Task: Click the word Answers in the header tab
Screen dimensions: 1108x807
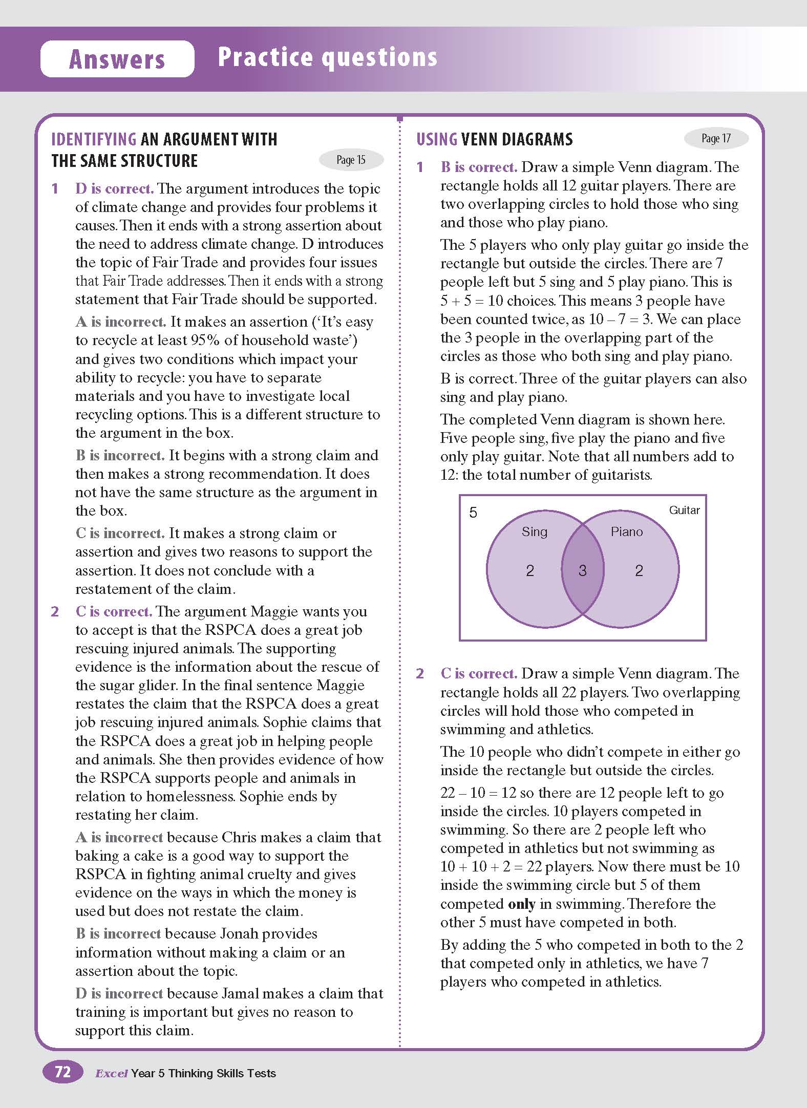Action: coord(117,59)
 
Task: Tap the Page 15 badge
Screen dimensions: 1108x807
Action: coord(351,160)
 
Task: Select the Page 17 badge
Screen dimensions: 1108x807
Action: coord(716,138)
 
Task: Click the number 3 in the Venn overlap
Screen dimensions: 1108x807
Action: coord(582,571)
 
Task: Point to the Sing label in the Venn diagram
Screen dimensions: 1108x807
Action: coord(534,532)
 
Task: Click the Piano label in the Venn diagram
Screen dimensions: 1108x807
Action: coord(626,532)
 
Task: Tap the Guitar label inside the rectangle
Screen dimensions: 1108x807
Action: coord(684,510)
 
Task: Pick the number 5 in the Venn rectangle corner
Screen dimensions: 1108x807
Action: coord(473,513)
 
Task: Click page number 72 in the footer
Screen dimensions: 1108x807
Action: coord(62,1072)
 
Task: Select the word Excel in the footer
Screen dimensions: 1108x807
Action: coord(111,1073)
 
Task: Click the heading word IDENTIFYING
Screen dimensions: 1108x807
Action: coord(94,139)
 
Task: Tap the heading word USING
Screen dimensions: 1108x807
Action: coord(437,139)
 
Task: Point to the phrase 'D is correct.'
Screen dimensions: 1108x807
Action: coord(114,188)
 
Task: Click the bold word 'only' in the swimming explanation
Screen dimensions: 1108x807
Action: coord(521,904)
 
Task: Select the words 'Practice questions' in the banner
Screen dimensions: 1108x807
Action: coord(327,57)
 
